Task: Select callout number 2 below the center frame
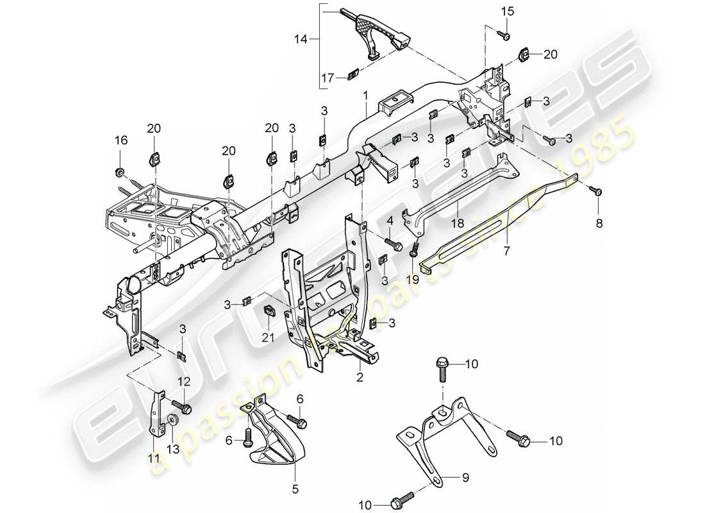pyautogui.click(x=360, y=378)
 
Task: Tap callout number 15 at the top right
pyautogui.click(x=507, y=12)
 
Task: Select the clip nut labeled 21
pyautogui.click(x=269, y=312)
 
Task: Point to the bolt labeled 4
pyautogui.click(x=393, y=244)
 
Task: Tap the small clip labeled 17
pyautogui.click(x=351, y=76)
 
